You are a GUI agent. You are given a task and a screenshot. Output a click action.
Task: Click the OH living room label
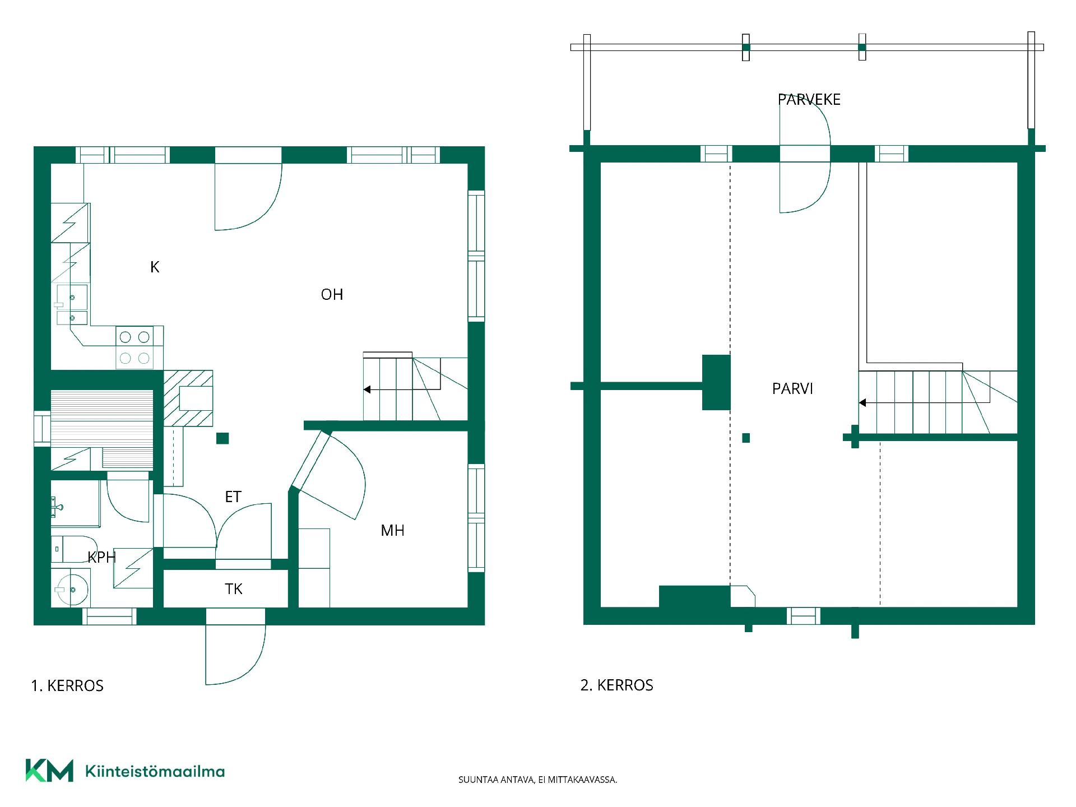point(332,294)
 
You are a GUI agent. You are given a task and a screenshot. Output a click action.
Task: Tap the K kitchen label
point(155,267)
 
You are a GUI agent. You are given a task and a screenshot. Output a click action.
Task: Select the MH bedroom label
point(392,530)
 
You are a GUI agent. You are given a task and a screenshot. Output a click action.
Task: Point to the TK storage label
point(234,588)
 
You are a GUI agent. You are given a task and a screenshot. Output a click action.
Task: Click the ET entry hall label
point(233,497)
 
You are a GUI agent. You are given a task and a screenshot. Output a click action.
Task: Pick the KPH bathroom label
point(102,557)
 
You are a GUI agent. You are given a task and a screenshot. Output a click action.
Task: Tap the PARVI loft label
point(792,388)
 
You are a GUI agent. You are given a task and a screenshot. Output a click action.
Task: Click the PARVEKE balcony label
point(809,99)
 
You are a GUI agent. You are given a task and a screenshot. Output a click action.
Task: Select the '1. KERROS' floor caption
point(67,685)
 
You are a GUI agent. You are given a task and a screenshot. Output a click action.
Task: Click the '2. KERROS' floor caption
point(617,685)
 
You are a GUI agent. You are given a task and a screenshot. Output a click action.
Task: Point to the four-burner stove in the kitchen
point(134,347)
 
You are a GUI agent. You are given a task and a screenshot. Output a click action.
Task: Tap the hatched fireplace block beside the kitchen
point(188,398)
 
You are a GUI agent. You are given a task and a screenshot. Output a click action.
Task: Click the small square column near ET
point(222,438)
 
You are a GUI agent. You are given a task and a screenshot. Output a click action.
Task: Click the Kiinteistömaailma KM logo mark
point(49,771)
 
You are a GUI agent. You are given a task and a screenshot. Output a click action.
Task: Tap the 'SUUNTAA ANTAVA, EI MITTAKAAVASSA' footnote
point(538,780)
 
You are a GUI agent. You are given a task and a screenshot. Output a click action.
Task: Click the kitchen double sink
point(72,305)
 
